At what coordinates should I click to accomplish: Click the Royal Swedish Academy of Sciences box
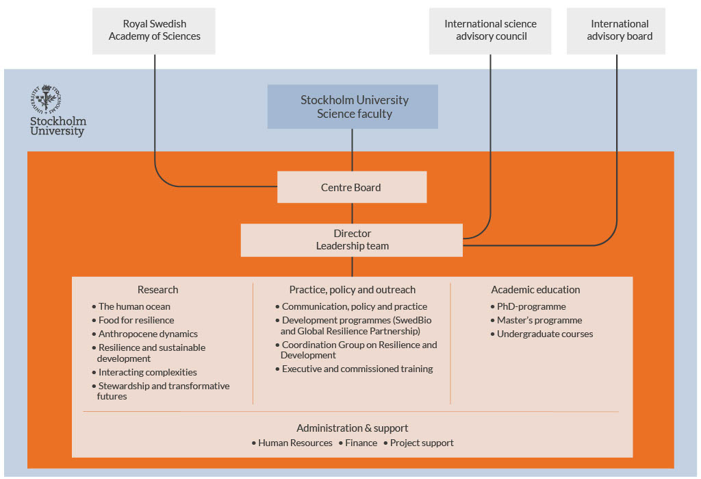click(154, 31)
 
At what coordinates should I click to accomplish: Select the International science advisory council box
click(490, 31)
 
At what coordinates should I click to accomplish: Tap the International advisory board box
click(616, 31)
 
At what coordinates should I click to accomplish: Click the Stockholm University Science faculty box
click(353, 107)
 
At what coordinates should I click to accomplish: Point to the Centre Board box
click(351, 187)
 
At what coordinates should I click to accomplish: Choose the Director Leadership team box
click(351, 240)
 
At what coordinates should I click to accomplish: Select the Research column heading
click(157, 290)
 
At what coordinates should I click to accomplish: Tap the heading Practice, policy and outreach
click(352, 290)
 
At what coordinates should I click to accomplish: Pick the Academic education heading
click(535, 290)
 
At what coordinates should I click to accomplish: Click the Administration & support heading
click(352, 428)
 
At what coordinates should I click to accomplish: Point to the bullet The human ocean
click(134, 306)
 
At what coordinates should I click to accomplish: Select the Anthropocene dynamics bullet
click(148, 334)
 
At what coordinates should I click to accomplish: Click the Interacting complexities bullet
click(147, 372)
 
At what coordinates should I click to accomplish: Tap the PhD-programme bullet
click(531, 306)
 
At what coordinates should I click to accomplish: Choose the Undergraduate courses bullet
click(545, 334)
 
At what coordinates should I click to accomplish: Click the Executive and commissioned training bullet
click(357, 369)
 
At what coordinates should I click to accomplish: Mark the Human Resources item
click(295, 443)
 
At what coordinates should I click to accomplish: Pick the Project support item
click(422, 443)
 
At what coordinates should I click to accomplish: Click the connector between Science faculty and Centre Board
click(352, 150)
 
